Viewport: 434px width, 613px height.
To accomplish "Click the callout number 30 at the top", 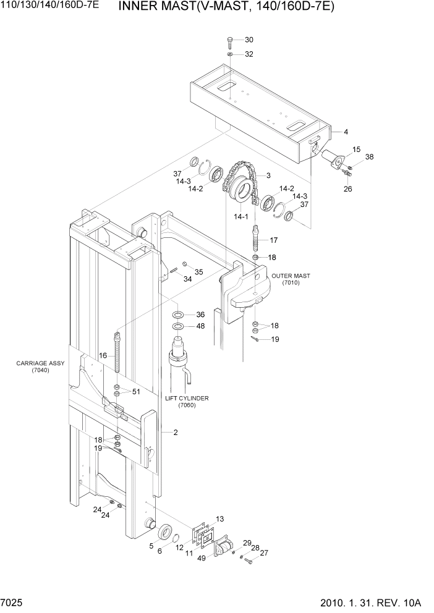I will (x=249, y=40).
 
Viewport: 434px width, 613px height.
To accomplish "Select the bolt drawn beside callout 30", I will (x=229, y=42).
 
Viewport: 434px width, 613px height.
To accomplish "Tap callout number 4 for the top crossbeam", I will (x=346, y=132).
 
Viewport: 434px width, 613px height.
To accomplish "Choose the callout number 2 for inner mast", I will (x=176, y=433).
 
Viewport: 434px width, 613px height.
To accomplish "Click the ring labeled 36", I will (x=177, y=314).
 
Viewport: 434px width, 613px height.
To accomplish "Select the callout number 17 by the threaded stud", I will (x=273, y=240).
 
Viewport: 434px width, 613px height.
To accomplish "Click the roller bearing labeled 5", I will (x=166, y=530).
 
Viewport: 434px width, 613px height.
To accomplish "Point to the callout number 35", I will (x=198, y=271).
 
